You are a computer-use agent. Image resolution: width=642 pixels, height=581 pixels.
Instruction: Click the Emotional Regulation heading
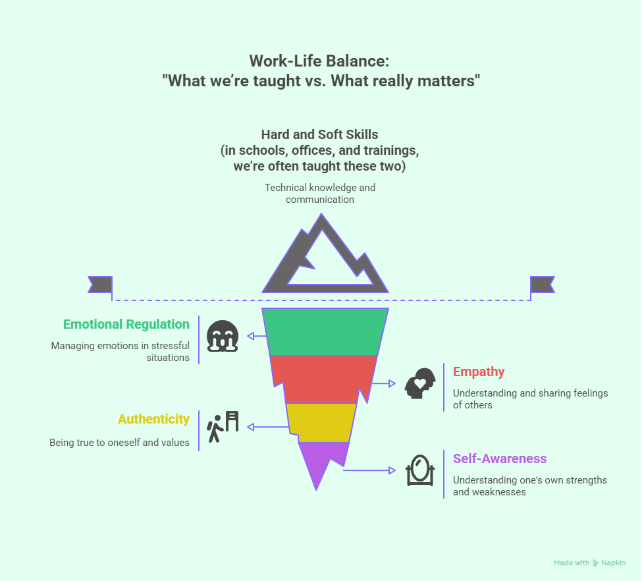tap(126, 324)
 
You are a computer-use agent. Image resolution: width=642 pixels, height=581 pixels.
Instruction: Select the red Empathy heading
tap(479, 372)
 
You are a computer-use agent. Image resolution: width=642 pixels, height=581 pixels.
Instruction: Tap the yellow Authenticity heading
tap(153, 419)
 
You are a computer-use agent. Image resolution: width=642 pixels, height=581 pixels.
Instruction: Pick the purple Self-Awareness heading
tap(500, 458)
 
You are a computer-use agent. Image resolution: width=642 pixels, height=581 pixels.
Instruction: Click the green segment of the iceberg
tap(323, 332)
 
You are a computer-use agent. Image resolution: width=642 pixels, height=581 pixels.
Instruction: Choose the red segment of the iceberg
tap(323, 379)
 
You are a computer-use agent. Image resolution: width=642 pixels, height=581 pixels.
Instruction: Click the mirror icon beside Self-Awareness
tap(419, 470)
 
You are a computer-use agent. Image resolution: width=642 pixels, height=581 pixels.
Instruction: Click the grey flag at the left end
tap(101, 284)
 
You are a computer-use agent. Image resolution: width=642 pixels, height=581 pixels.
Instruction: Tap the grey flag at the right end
tap(543, 284)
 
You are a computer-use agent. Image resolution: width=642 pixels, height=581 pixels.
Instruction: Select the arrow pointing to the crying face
tap(257, 336)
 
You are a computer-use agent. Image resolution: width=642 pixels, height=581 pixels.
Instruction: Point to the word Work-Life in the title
tap(281, 61)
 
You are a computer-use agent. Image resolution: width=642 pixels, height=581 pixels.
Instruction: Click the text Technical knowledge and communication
tap(320, 194)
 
